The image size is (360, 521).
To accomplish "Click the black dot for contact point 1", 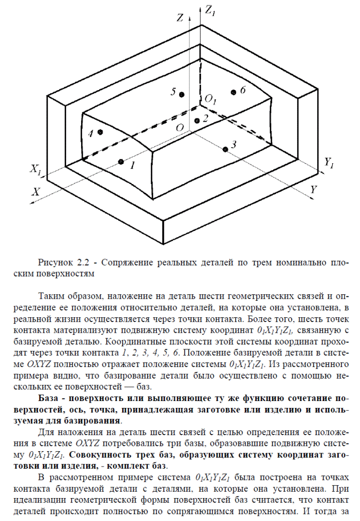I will [121, 162].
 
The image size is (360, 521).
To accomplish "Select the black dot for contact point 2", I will [197, 121].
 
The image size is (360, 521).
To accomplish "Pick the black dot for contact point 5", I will [182, 94].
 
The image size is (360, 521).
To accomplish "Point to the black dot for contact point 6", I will [234, 93].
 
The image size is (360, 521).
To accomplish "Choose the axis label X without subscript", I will [36, 190].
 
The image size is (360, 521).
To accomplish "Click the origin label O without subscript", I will [180, 127].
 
